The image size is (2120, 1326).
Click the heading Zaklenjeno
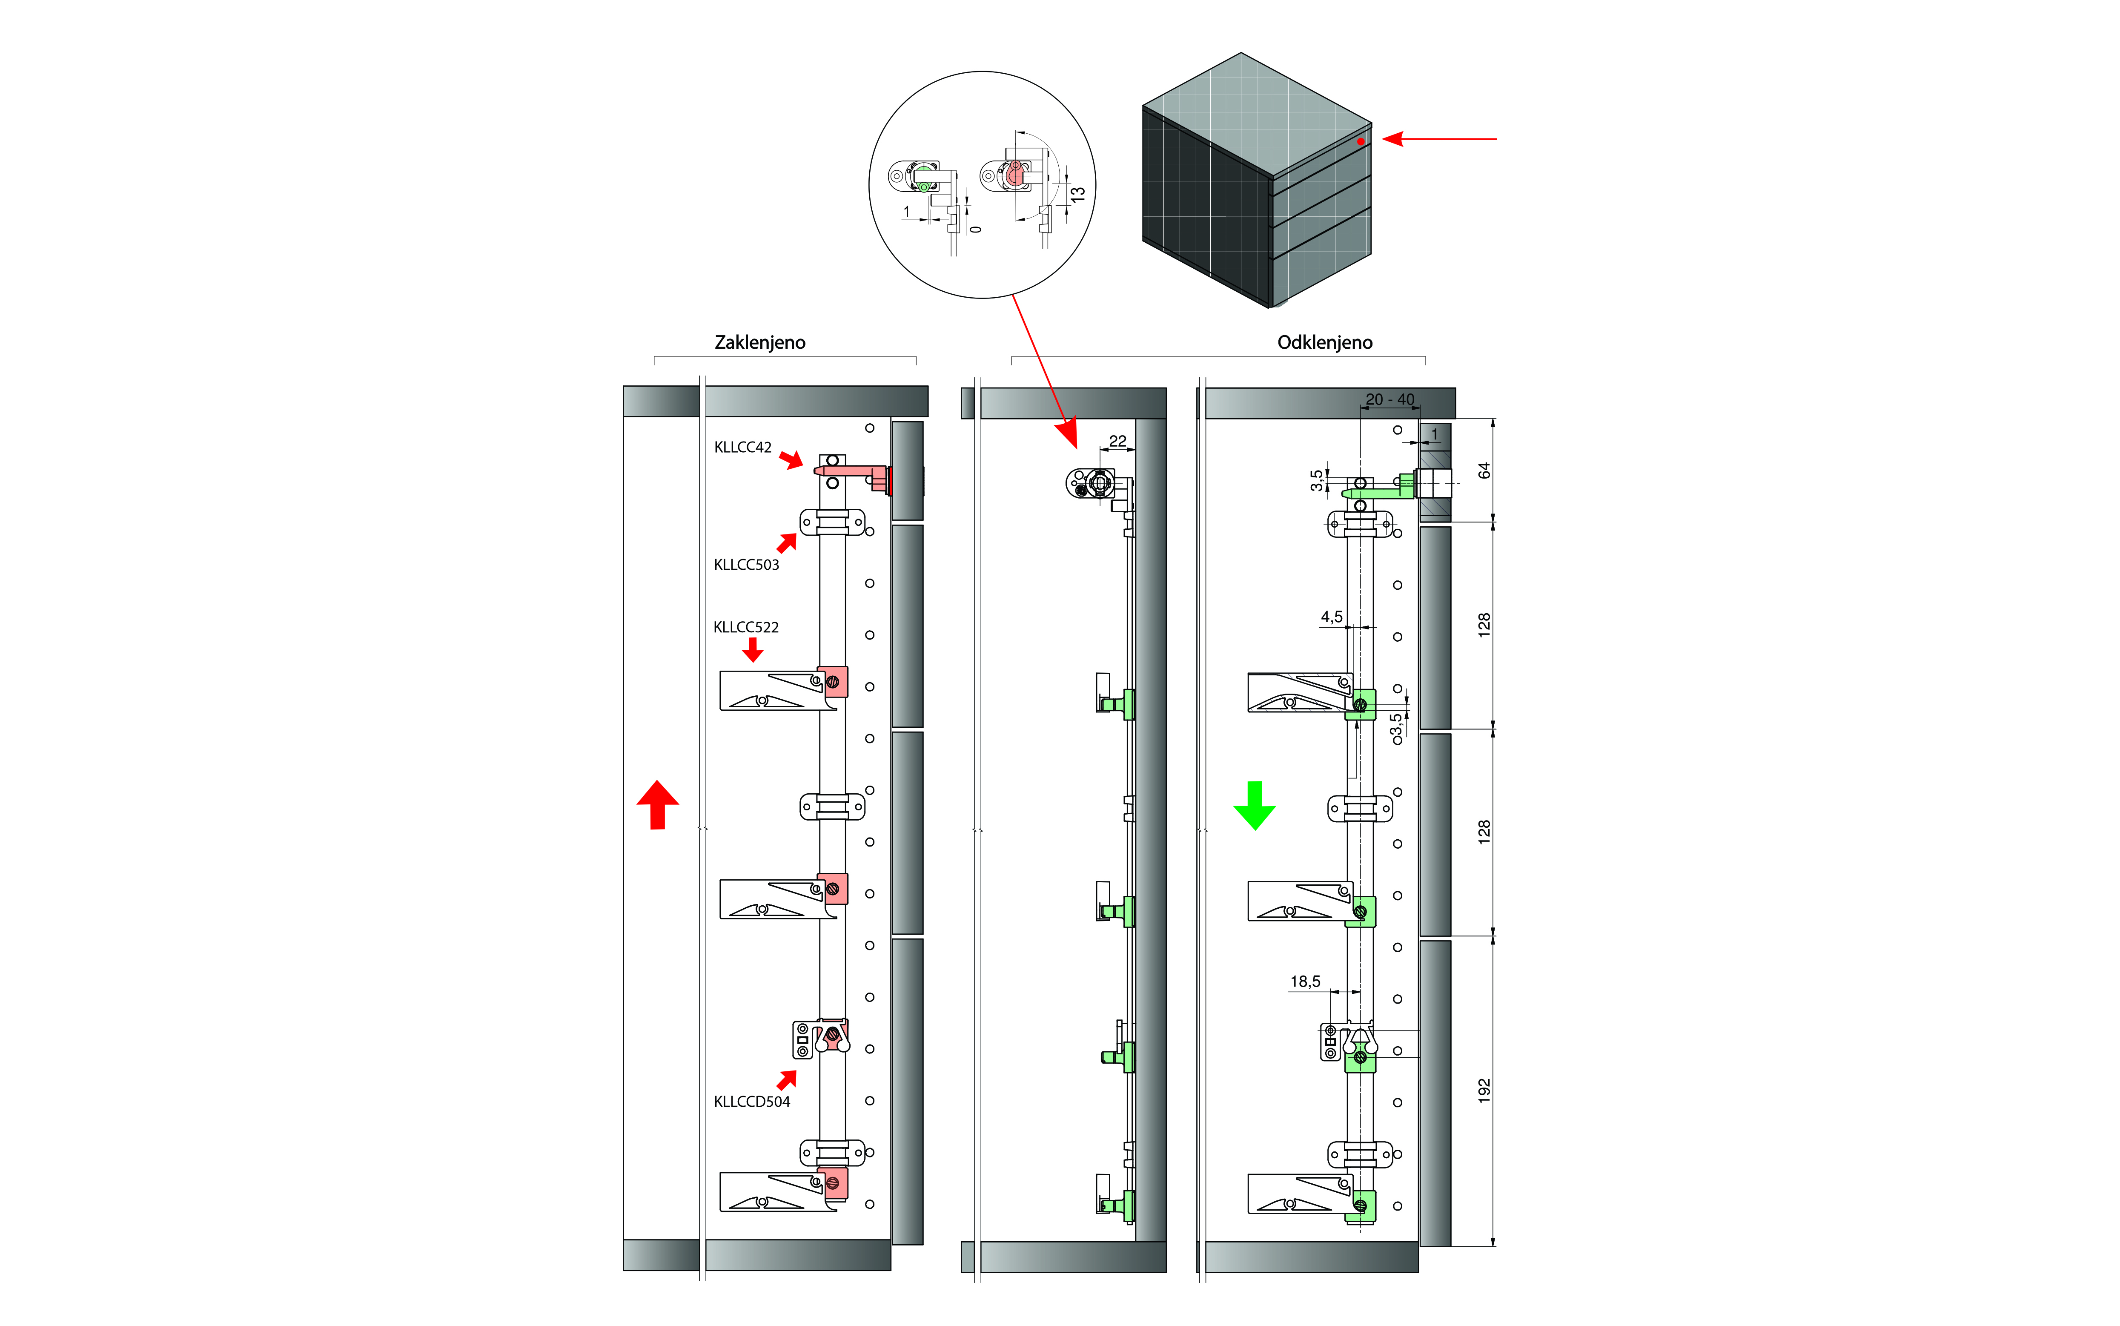[759, 342]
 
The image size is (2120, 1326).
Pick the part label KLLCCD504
[751, 1102]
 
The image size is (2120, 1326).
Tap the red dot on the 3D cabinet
[1360, 141]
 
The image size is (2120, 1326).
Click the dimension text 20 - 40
[1389, 399]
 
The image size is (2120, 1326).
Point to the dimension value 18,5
[1305, 982]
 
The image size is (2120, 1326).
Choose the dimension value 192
[1484, 1090]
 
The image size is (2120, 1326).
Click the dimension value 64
[1484, 471]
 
